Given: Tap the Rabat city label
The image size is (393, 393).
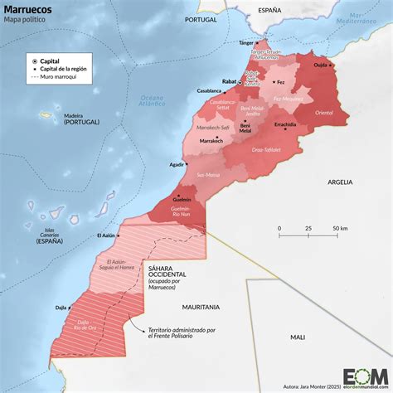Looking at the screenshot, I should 230,81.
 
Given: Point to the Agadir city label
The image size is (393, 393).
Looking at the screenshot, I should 175,165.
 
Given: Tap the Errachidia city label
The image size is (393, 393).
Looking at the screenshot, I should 284,124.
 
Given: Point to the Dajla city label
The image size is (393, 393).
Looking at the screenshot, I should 61,308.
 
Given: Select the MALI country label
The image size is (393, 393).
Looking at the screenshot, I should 297,337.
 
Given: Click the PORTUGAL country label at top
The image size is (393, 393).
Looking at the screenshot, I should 201,18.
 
